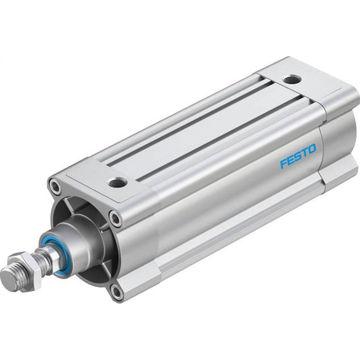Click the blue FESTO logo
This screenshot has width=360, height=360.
click(x=298, y=156)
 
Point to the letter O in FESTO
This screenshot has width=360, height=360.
click(x=312, y=148)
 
